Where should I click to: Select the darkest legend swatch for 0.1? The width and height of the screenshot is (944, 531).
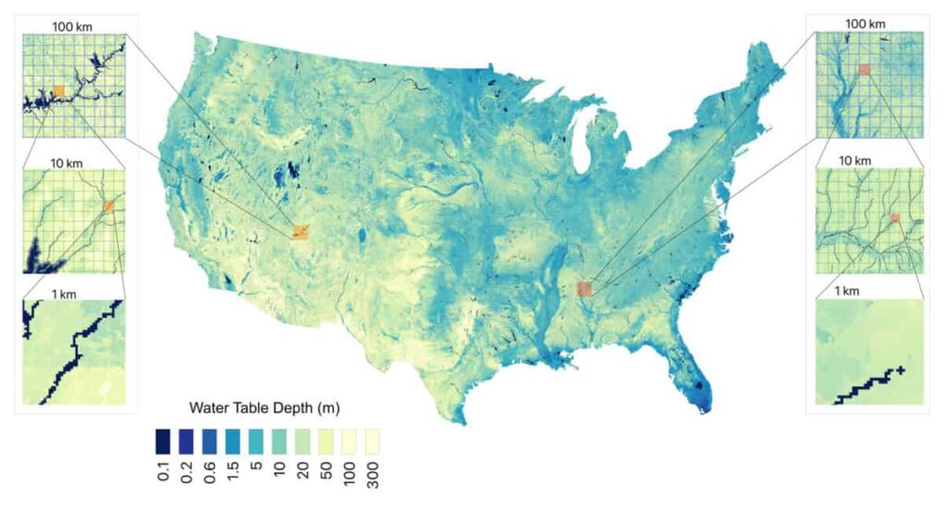(x=161, y=438)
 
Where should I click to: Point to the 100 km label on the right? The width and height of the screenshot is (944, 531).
(x=866, y=22)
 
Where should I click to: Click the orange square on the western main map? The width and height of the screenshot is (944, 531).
(x=301, y=231)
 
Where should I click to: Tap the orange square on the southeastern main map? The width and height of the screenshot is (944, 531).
(x=583, y=289)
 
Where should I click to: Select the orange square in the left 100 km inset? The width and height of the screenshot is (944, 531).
(x=59, y=90)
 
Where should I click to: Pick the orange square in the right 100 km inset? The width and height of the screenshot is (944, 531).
(x=864, y=69)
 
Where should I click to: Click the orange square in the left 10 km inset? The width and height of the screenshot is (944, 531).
(x=108, y=206)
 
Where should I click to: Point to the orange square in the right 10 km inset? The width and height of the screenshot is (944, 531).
(x=894, y=218)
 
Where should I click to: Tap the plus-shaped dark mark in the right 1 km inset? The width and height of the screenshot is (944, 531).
(x=900, y=371)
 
